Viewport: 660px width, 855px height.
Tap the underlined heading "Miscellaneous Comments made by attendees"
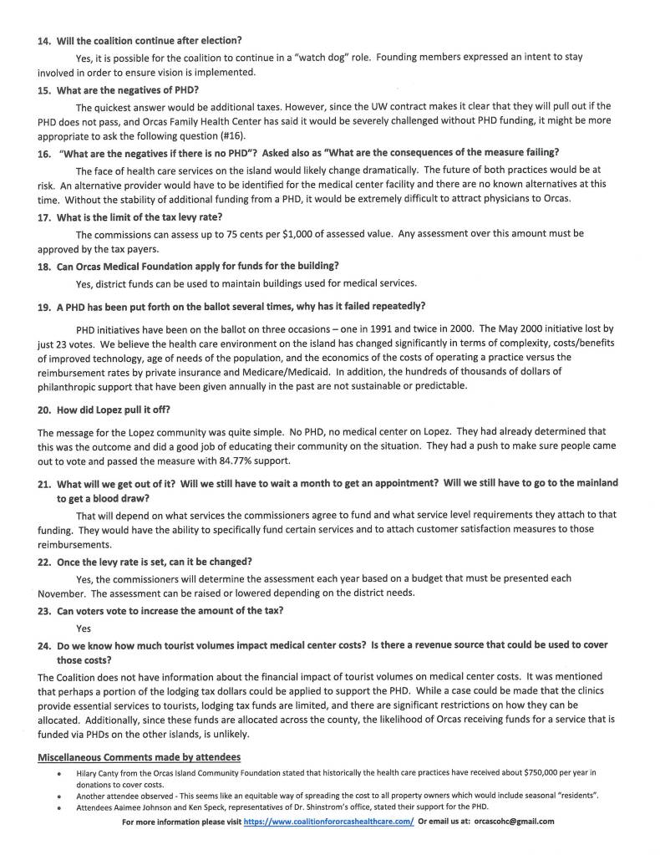[140, 756]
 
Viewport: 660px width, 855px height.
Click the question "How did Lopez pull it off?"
[112, 410]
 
